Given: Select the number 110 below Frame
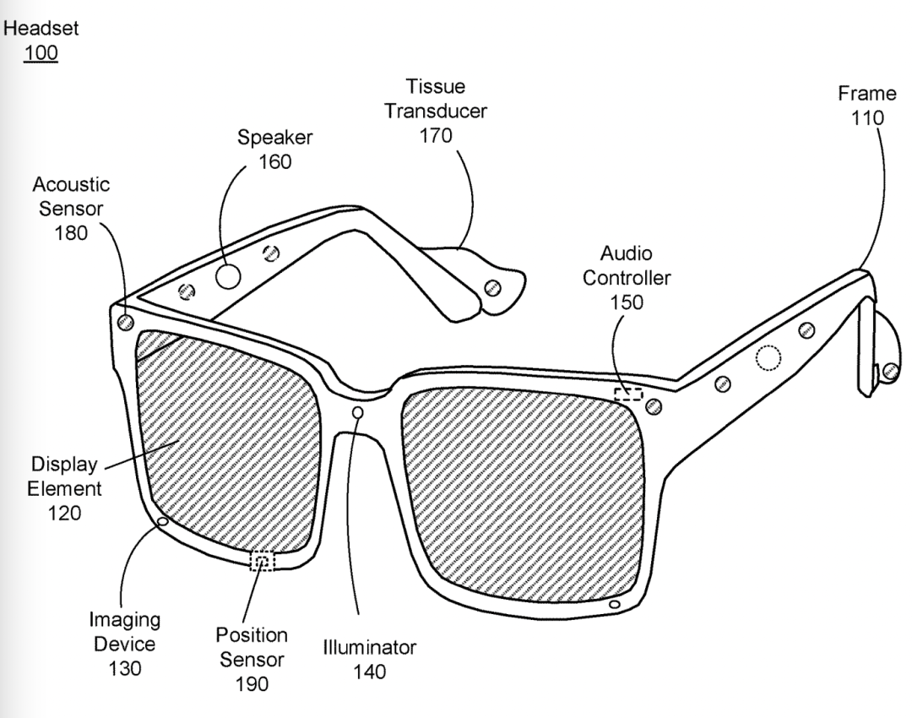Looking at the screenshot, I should tap(868, 117).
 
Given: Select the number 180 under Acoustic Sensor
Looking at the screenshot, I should tap(72, 234).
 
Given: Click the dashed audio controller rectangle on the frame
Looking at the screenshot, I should tap(628, 394).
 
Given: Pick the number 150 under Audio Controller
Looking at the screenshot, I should tap(626, 302).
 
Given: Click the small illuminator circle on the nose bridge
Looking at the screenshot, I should tap(358, 412).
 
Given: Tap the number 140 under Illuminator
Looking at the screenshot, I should tap(370, 672).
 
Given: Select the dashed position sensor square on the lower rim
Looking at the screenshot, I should tap(263, 561).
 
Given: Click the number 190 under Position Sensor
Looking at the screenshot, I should tap(251, 684).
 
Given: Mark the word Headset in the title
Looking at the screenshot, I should tap(41, 28).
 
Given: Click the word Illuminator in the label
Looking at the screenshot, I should tap(370, 649).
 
